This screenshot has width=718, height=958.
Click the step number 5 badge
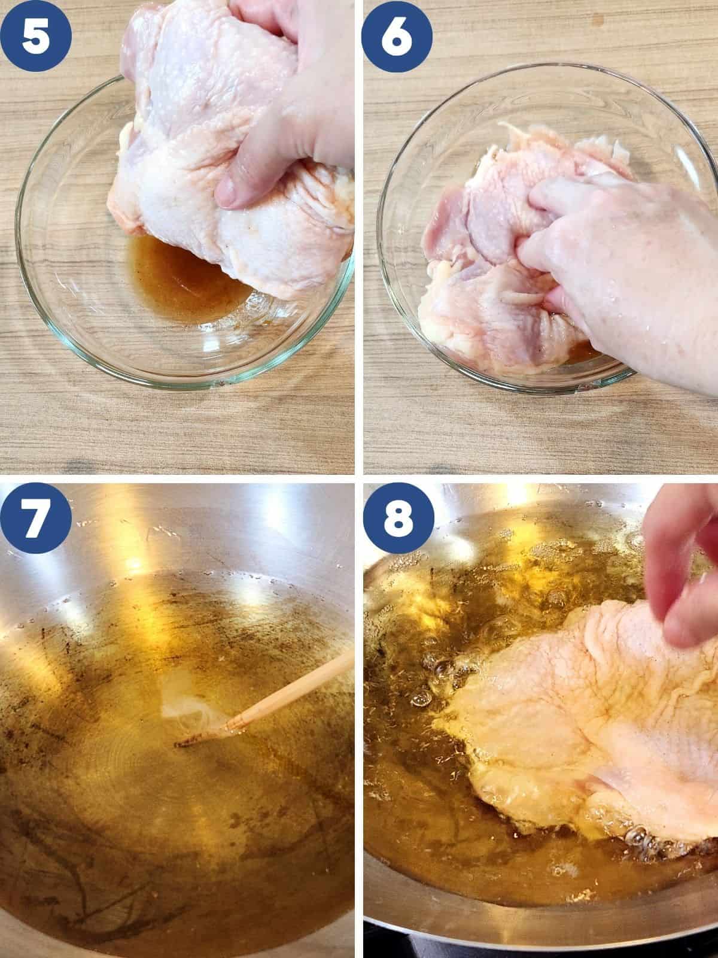(x=36, y=36)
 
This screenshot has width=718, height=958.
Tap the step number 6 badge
(x=397, y=37)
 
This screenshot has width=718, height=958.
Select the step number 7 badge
(x=36, y=518)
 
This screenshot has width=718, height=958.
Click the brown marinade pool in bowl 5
(x=183, y=280)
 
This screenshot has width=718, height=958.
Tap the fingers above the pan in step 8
(x=680, y=563)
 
